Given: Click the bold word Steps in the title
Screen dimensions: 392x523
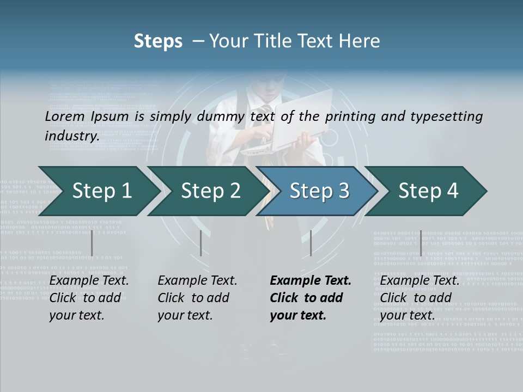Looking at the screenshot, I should tap(158, 41).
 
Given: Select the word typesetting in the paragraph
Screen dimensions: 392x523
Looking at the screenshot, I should tap(449, 117).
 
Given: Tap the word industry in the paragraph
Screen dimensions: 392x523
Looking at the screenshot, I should tap(71, 136).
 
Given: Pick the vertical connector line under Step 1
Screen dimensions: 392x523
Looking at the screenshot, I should tap(92, 243).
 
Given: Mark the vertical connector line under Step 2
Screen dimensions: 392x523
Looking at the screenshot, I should tap(201, 243).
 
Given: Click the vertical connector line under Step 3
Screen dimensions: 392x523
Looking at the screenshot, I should tap(311, 243).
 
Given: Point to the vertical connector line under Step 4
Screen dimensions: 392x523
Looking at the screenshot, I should tap(421, 243).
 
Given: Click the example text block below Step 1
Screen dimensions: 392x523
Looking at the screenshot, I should tap(88, 298).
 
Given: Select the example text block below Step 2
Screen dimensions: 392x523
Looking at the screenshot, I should tap(197, 298).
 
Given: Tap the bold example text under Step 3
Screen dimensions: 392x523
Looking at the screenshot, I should tap(310, 298).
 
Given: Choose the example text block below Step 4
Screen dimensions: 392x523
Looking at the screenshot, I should tap(419, 298).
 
